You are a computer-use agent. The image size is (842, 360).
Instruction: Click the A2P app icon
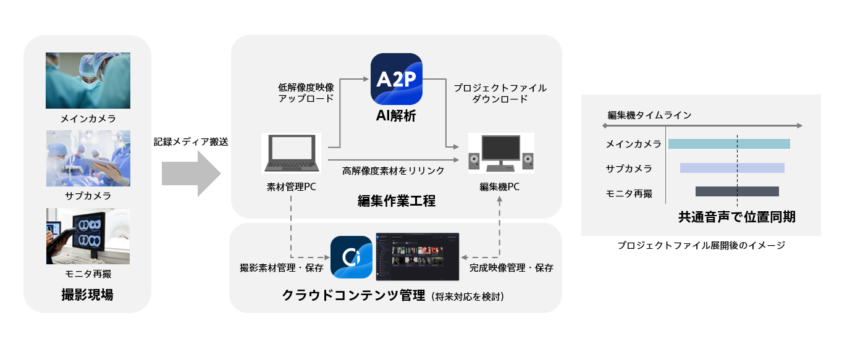(397, 78)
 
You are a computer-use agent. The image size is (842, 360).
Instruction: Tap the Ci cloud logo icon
(351, 257)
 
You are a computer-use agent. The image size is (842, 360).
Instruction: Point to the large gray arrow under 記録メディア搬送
(190, 174)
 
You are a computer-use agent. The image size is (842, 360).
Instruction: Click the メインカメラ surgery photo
(88, 80)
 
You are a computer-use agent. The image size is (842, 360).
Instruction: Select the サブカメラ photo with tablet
(88, 158)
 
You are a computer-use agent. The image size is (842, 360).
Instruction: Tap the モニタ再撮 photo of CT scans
(88, 236)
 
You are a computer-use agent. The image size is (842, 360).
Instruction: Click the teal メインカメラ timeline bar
(729, 144)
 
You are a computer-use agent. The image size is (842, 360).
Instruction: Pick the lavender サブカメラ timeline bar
(732, 168)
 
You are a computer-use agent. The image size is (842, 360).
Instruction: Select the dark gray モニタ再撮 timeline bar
(737, 191)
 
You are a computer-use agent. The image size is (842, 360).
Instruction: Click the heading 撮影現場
(87, 295)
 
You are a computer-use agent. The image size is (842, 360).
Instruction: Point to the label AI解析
(396, 115)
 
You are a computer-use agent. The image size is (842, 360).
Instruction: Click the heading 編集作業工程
(396, 201)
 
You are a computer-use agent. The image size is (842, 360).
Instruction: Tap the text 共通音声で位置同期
(736, 217)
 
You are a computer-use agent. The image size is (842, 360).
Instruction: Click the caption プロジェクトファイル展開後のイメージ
(701, 245)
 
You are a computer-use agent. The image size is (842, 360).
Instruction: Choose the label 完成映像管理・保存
(511, 268)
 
